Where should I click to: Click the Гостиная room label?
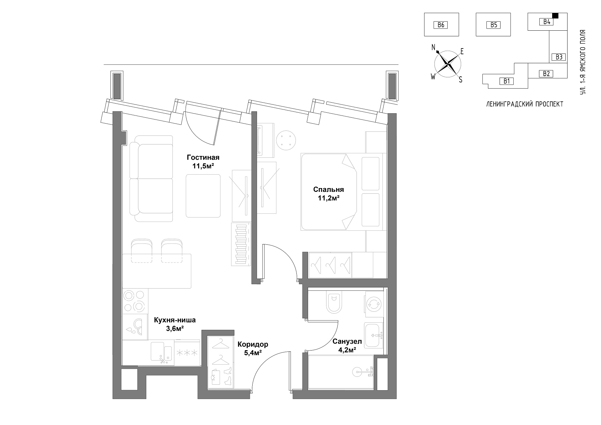[203, 157]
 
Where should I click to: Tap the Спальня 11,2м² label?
[328, 194]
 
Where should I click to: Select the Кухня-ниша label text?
[175, 320]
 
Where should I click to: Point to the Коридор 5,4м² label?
[253, 349]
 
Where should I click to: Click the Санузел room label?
[347, 341]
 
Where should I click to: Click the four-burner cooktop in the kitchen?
[135, 301]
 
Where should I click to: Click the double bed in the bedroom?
[342, 192]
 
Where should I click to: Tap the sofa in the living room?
[151, 178]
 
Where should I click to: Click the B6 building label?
[441, 25]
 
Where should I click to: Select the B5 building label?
[494, 25]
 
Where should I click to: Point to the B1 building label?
[506, 81]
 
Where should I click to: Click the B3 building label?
[559, 57]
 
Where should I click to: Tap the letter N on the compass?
[434, 47]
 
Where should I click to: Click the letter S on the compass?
[460, 80]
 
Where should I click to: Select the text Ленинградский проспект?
[525, 104]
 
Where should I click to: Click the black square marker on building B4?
[555, 15]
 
